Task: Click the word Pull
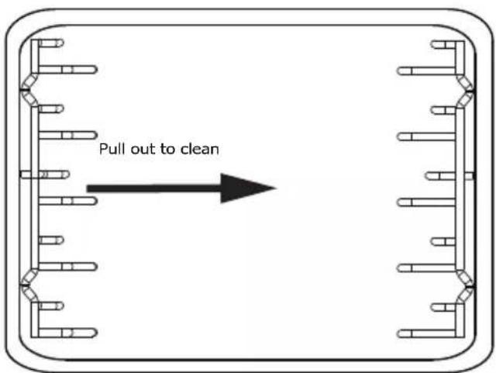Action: coord(112,149)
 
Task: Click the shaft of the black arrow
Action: coord(153,188)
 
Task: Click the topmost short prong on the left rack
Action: coord(50,43)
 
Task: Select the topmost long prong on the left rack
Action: coord(67,69)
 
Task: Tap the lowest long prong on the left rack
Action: coord(67,333)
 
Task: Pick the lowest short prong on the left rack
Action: coord(50,306)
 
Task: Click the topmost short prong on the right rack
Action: coord(443,45)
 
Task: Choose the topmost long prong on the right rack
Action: coord(426,71)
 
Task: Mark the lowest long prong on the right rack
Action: coord(426,333)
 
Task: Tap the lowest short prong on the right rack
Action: coord(443,307)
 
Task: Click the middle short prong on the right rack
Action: coord(440,176)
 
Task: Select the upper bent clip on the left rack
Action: coord(29,90)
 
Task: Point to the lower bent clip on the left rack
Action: coord(29,285)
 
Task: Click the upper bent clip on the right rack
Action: coord(466,92)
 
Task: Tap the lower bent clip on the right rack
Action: coord(466,287)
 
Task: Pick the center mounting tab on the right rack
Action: coord(469,176)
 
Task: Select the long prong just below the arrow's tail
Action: coord(67,201)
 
